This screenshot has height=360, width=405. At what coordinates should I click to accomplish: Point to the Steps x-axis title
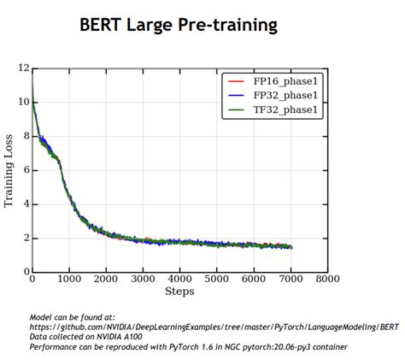tap(179, 291)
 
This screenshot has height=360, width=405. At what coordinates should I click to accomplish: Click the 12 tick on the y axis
tap(24, 68)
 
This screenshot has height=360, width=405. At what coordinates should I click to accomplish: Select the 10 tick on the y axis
tap(24, 102)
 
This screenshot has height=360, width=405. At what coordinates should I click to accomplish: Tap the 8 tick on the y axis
tap(26, 136)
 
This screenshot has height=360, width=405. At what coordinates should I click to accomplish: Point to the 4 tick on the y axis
tap(26, 204)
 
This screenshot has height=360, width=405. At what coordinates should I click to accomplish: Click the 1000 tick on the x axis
tap(69, 279)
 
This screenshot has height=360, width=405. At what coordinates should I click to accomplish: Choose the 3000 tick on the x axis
tap(143, 279)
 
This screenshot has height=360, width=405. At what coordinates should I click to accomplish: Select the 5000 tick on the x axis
tap(217, 279)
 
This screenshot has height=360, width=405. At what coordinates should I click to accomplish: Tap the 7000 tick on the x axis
tap(291, 279)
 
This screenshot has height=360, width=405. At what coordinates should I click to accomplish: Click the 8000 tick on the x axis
tap(327, 279)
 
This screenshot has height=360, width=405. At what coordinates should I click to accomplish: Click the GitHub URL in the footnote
tap(214, 326)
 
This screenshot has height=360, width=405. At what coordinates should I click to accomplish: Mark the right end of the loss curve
tap(291, 247)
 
